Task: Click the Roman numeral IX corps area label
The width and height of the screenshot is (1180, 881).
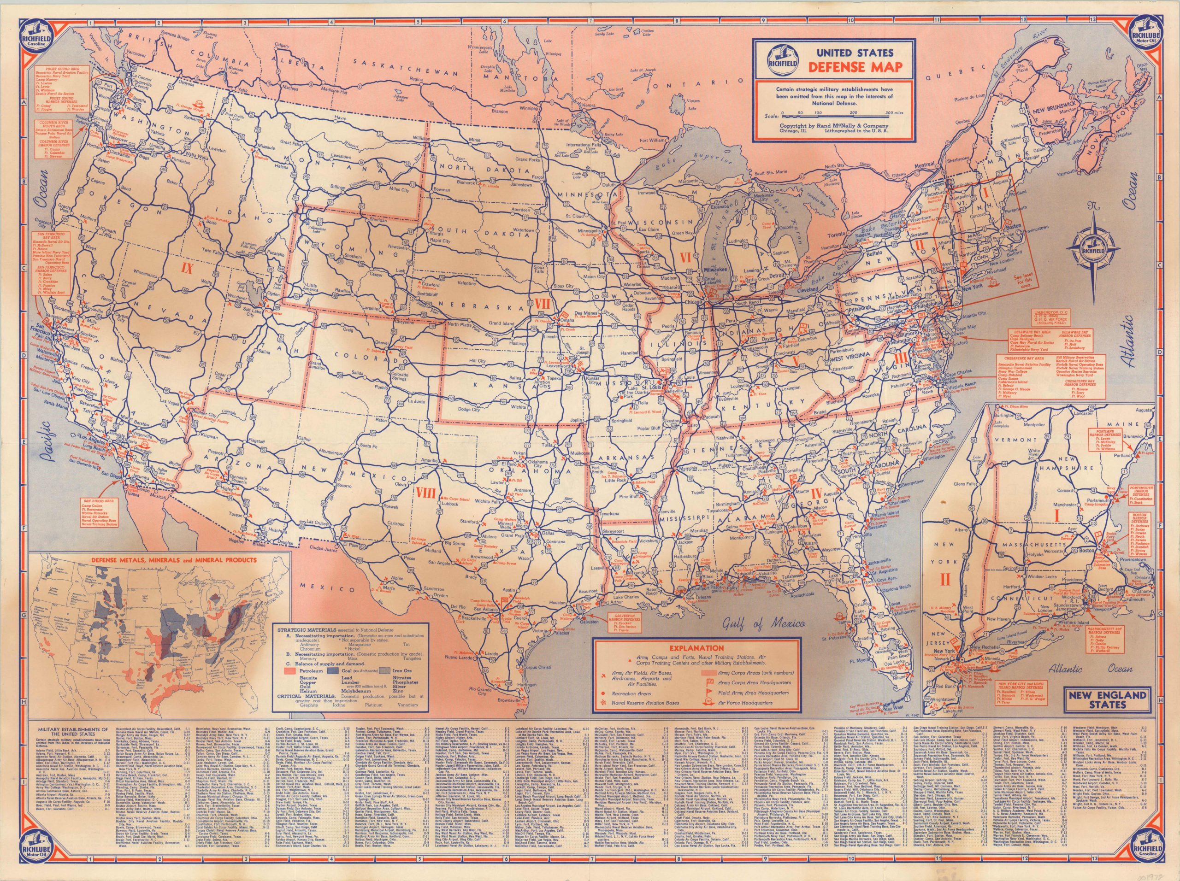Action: coord(188,265)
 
